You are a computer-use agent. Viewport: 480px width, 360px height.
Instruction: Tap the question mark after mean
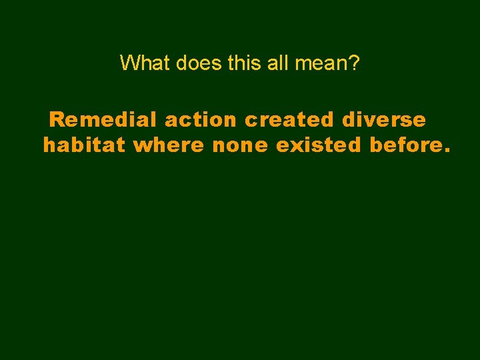(355, 63)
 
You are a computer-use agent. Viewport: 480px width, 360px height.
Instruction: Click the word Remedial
(103, 120)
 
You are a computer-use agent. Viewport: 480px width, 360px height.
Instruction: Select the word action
(200, 120)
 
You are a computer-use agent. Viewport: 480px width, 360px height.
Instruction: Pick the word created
(290, 120)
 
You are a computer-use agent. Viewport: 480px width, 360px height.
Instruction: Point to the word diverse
(383, 120)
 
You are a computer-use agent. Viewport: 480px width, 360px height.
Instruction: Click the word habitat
(84, 145)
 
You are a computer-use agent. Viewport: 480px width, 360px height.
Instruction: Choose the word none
(240, 145)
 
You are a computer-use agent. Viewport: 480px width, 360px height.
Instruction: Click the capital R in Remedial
(57, 120)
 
